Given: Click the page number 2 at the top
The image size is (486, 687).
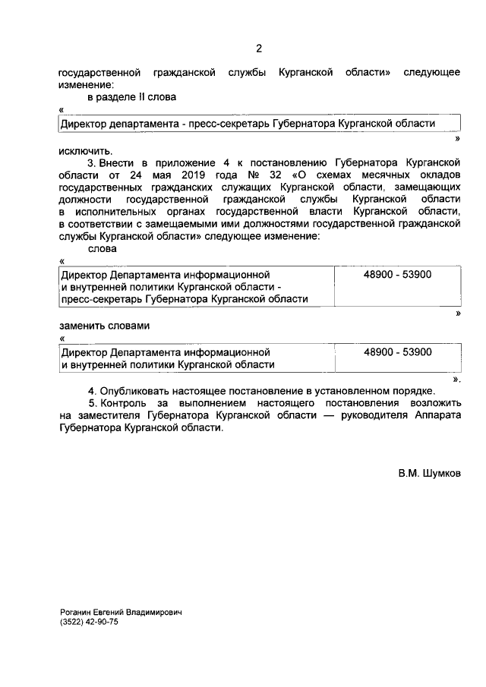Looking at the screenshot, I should point(258,49).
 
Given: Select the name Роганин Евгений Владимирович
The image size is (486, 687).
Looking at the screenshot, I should point(121,611).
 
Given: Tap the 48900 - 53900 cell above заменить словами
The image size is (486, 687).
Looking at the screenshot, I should point(397,274).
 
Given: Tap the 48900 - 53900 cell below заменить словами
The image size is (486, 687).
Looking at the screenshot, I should point(397,352).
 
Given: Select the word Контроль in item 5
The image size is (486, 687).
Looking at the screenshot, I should point(126,403).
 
